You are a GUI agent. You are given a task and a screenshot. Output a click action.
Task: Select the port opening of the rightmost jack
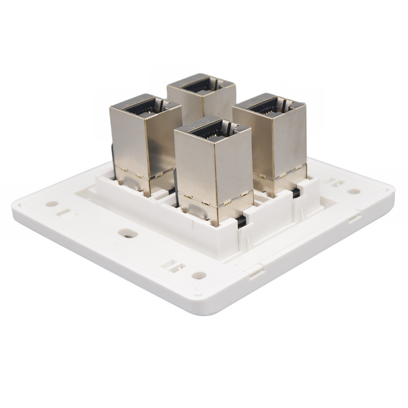(x=266, y=106)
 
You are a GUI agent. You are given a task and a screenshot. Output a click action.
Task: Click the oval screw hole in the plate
(x=127, y=233)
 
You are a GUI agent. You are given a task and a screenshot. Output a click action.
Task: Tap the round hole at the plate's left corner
(x=52, y=203)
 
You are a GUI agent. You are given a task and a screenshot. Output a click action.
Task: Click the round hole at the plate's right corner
(x=353, y=192)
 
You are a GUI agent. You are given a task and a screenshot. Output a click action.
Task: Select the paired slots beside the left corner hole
(x=64, y=212)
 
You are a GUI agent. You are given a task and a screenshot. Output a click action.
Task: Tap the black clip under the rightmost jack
(x=296, y=193)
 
